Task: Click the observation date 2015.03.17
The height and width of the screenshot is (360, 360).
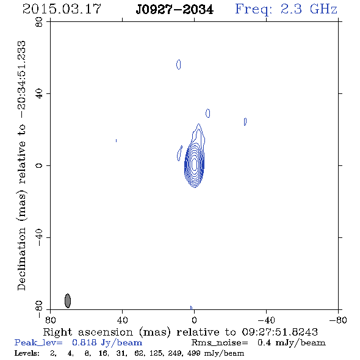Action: pos(62,9)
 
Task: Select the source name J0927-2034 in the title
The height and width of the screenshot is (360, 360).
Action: pos(175,10)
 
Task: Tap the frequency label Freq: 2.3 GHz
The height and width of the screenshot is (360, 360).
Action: pos(286,10)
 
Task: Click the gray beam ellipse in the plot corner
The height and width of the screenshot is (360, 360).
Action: pos(68,301)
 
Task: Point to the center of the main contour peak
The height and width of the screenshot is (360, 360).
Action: pos(195,165)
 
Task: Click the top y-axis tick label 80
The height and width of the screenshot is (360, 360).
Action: pos(39,22)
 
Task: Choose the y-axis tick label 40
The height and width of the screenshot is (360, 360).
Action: pos(39,94)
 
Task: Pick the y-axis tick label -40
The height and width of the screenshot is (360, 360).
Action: pos(39,237)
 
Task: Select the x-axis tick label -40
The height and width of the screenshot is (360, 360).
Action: pos(266,320)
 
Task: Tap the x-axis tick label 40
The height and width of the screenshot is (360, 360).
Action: pos(123,320)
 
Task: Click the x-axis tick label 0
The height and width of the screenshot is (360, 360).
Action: pos(195,320)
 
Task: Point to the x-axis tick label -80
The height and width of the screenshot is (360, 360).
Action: pos(338,320)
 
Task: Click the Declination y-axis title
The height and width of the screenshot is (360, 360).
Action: pos(21,165)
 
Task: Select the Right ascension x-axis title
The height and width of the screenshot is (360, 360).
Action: pos(181,332)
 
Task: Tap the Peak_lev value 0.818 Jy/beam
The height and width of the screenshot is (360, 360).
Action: pos(107,343)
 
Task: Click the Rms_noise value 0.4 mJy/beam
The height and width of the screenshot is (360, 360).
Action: pos(291,343)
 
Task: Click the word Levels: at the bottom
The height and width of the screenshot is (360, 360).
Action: pos(27,353)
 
